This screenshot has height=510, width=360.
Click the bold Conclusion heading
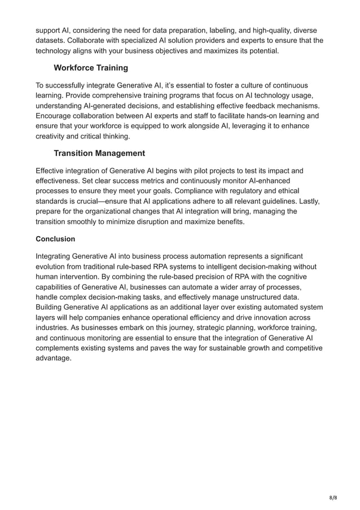tap(56, 239)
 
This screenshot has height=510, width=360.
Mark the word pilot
tap(209, 170)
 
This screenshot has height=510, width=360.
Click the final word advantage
tap(54, 358)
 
